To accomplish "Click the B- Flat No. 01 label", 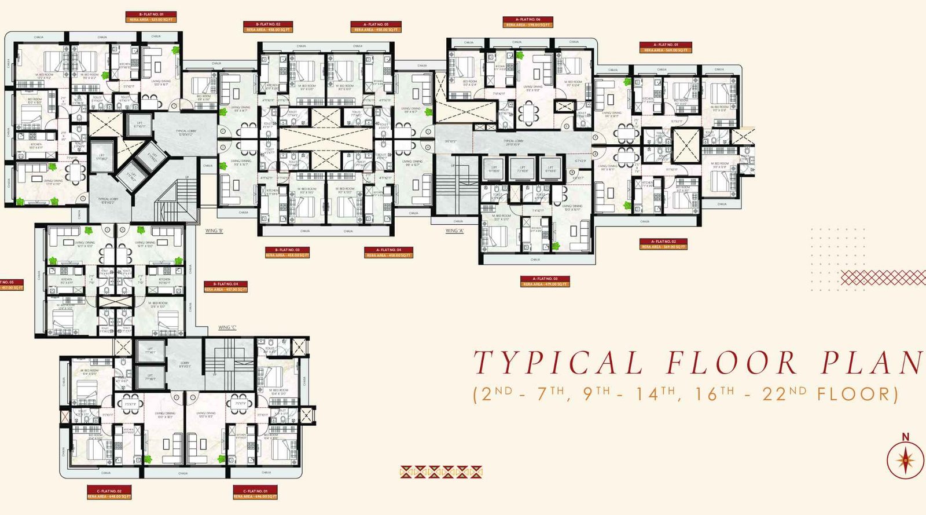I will (x=150, y=14).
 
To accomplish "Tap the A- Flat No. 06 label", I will (x=528, y=20).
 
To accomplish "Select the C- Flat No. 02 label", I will (x=109, y=491).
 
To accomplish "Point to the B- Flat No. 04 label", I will (x=225, y=284).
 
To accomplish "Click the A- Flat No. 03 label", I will (x=545, y=279).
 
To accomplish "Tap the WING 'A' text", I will (x=455, y=231).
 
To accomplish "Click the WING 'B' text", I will (x=214, y=231).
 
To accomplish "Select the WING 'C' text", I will (x=227, y=328).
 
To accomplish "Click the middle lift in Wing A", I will (x=522, y=169).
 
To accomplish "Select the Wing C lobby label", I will (x=185, y=364).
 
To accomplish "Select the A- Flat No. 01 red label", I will (x=666, y=45).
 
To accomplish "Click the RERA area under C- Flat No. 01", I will (x=255, y=496).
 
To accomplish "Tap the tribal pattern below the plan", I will (x=441, y=472).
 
